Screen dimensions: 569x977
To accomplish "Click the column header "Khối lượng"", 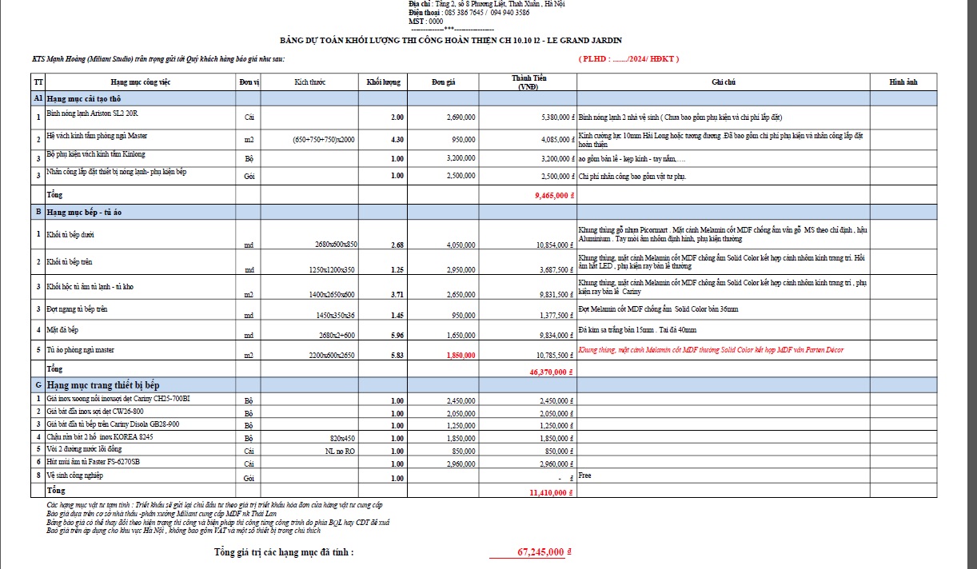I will coord(383,82).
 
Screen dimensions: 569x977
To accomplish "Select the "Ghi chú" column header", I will coord(723,82).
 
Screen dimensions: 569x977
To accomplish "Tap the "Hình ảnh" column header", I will coord(903,82).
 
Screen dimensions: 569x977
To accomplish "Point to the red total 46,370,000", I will coord(548,372).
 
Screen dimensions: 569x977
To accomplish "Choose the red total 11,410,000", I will coord(548,492).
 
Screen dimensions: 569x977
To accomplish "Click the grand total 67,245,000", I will coord(541,551).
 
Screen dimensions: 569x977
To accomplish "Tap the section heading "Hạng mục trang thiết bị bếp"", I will coord(103,385).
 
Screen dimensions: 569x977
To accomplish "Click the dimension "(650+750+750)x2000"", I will coord(323,140).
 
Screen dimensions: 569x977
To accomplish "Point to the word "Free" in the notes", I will coord(586,475).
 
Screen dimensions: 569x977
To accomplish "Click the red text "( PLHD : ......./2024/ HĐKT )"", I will coord(628,58).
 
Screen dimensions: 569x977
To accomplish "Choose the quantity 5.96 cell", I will coord(396,336).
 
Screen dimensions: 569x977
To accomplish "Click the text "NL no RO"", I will coord(340,450).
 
